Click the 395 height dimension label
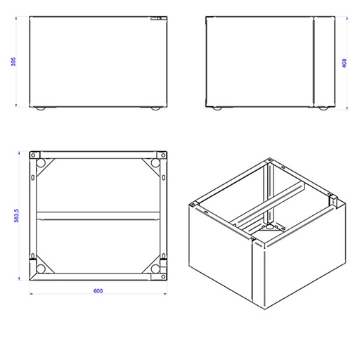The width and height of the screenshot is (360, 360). pyautogui.click(x=13, y=62)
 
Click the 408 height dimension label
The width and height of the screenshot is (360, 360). pyautogui.click(x=345, y=63)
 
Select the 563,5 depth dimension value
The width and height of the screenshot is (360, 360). pyautogui.click(x=16, y=216)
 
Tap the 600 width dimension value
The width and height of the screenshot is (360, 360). pyautogui.click(x=98, y=291)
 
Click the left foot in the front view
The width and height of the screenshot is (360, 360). pyautogui.click(x=41, y=108)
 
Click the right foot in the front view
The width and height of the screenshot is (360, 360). pyautogui.click(x=155, y=108)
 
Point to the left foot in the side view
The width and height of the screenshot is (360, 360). pyautogui.click(x=217, y=108)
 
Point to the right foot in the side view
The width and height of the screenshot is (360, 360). pyautogui.click(x=323, y=108)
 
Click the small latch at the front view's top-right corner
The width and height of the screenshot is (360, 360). pyautogui.click(x=156, y=18)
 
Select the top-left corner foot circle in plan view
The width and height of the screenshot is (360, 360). pyautogui.click(x=41, y=162)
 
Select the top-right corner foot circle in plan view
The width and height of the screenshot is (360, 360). pyautogui.click(x=155, y=162)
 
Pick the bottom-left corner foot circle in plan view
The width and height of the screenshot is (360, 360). pyautogui.click(x=41, y=269)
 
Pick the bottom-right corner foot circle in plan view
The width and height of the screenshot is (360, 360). pyautogui.click(x=155, y=269)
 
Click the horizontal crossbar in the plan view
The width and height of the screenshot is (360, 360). pyautogui.click(x=98, y=216)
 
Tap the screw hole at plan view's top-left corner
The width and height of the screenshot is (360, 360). pyautogui.click(x=33, y=155)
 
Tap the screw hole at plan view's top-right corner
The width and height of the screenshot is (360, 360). pyautogui.click(x=163, y=155)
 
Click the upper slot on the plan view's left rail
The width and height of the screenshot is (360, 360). pyautogui.click(x=33, y=177)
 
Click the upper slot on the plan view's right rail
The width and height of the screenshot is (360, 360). pyautogui.click(x=164, y=177)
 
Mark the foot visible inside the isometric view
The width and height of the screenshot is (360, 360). pyautogui.click(x=269, y=226)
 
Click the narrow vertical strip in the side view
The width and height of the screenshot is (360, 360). pyautogui.click(x=324, y=62)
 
